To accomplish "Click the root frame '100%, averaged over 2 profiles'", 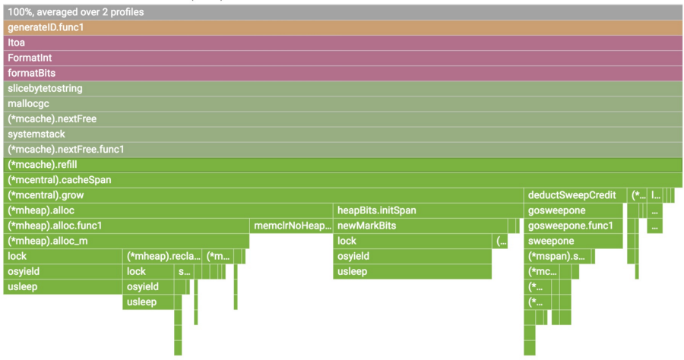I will pyautogui.click(x=342, y=12).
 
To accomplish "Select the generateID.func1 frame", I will pyautogui.click(x=342, y=27).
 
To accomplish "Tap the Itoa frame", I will pyautogui.click(x=342, y=43).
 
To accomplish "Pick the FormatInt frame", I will pyautogui.click(x=342, y=58).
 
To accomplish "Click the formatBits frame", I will pyautogui.click(x=342, y=73).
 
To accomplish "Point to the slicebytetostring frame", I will pyautogui.click(x=342, y=88).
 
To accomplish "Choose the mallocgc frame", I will pyautogui.click(x=342, y=103).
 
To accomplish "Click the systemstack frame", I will pyautogui.click(x=342, y=134).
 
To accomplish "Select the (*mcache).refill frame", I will pyautogui.click(x=342, y=165).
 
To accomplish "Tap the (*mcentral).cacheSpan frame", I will pyautogui.click(x=342, y=180).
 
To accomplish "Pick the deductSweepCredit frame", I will pyautogui.click(x=575, y=195).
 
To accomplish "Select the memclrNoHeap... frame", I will pyautogui.click(x=292, y=226).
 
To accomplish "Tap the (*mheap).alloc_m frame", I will pyautogui.click(x=126, y=241).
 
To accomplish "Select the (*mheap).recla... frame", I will pyautogui.click(x=163, y=256).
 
